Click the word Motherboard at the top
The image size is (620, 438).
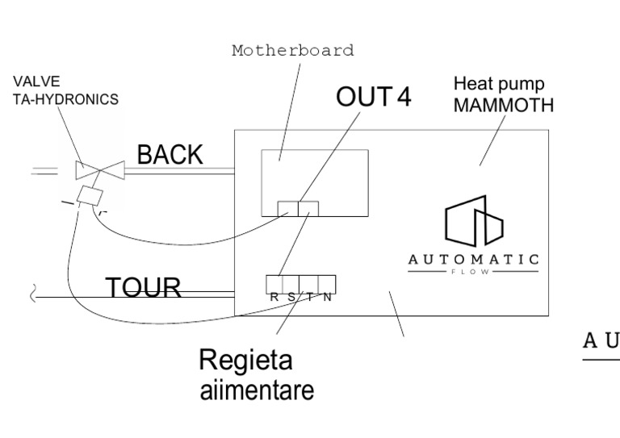[292, 51]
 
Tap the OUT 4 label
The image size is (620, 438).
[373, 97]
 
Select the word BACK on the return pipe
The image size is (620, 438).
[170, 155]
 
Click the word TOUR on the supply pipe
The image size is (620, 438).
[144, 286]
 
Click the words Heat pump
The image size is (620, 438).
[498, 84]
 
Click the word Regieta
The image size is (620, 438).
[245, 360]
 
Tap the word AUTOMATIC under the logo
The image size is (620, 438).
[473, 259]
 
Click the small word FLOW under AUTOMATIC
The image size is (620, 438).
[473, 272]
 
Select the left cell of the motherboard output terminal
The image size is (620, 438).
[287, 209]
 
